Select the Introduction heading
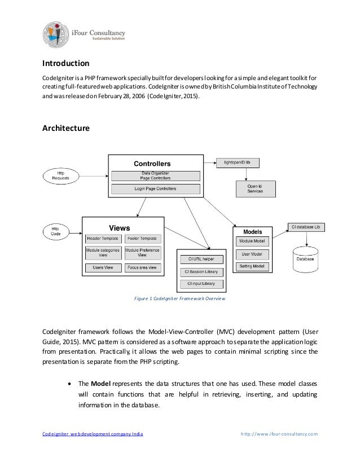66,63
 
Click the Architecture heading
66,129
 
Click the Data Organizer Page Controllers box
156,176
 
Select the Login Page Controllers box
156,188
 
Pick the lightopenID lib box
241,162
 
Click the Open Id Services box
255,188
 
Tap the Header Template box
103,239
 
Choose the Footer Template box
142,239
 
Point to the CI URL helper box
201,259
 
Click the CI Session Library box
201,271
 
